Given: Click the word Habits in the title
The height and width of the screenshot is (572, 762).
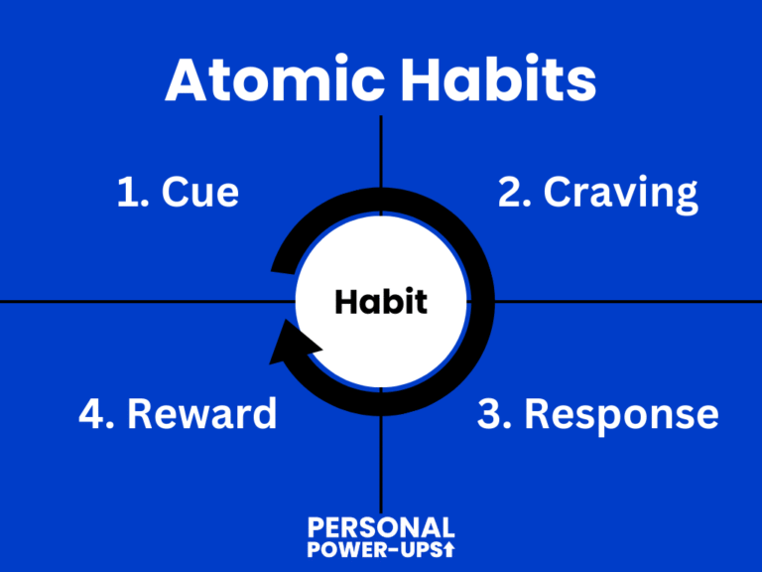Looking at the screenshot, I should click(495, 80).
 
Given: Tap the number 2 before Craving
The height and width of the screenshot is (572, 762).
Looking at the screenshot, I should click(509, 192).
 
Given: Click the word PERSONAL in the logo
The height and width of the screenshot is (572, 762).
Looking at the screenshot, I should click(381, 527).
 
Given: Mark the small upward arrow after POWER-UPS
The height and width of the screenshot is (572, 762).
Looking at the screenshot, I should click(449, 549).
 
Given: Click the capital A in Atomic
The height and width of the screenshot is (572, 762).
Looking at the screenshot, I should click(188, 80).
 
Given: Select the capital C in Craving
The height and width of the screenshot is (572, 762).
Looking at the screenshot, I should click(560, 192).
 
